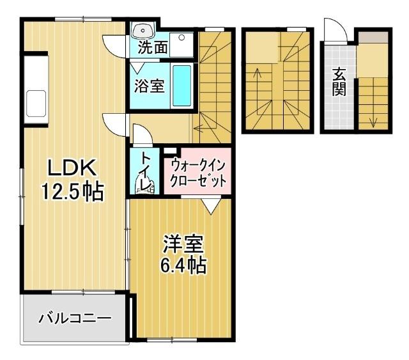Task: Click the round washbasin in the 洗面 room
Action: [141, 31]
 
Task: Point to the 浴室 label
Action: [149, 86]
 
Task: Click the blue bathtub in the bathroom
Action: [181, 86]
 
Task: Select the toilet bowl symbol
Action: [144, 186]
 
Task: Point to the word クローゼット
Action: [197, 181]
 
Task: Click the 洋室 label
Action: [183, 244]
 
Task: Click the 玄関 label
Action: [338, 82]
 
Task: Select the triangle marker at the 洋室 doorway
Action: [211, 207]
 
